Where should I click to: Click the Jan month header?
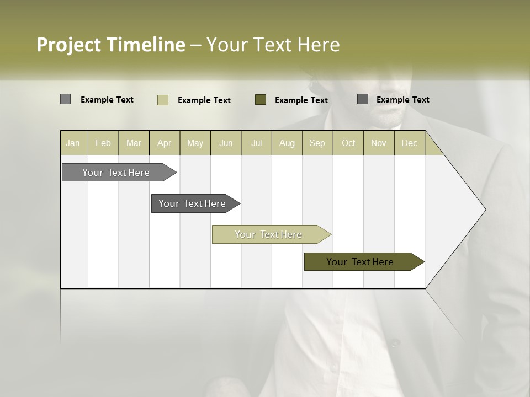(73, 143)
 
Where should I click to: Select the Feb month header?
(103, 143)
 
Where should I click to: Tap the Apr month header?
(165, 143)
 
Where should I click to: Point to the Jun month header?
(226, 143)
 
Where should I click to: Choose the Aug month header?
(287, 143)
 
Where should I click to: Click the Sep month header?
(317, 143)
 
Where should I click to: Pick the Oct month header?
(348, 143)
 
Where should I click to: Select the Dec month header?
(410, 143)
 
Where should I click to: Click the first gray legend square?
(65, 99)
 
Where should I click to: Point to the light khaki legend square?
(163, 100)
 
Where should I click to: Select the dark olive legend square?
(261, 100)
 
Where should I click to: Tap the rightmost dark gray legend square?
(363, 99)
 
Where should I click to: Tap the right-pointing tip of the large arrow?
(484, 210)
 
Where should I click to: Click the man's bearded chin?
(391, 117)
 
